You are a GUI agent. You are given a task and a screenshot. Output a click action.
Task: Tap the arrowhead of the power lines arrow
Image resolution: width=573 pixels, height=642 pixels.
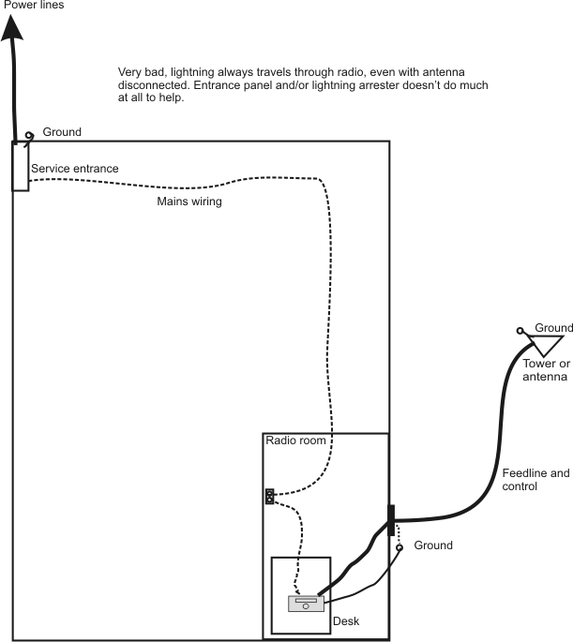click(x=14, y=28)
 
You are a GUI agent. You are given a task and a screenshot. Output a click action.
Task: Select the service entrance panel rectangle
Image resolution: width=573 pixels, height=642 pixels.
click(x=20, y=166)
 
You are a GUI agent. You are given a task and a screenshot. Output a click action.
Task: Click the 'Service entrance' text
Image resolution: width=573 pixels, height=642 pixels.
click(x=75, y=169)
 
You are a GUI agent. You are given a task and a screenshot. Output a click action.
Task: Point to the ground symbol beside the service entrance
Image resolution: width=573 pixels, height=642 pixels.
click(x=31, y=135)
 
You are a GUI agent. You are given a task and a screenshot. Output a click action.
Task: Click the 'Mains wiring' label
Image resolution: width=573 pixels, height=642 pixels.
click(x=188, y=201)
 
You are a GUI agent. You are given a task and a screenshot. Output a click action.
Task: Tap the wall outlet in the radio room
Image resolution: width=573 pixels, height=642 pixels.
click(x=269, y=497)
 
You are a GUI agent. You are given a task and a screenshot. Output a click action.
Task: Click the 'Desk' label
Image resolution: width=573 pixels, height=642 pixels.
click(x=346, y=621)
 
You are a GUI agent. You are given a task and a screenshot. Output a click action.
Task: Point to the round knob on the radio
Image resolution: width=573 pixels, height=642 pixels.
click(x=305, y=607)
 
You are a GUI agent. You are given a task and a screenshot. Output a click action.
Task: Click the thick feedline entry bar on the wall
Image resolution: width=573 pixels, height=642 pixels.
click(x=391, y=520)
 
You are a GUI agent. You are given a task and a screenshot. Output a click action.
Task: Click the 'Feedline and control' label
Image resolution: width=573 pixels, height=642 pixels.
click(x=535, y=480)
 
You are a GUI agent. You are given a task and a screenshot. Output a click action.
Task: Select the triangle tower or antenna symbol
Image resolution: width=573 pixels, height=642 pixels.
click(x=541, y=346)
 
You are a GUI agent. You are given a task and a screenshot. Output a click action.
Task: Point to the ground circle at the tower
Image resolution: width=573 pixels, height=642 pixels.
click(x=520, y=330)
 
